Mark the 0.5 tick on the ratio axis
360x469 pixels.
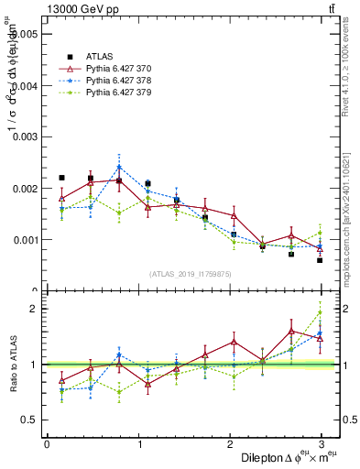29,420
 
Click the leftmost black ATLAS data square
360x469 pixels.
61,178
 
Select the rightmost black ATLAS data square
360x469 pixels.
321,260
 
